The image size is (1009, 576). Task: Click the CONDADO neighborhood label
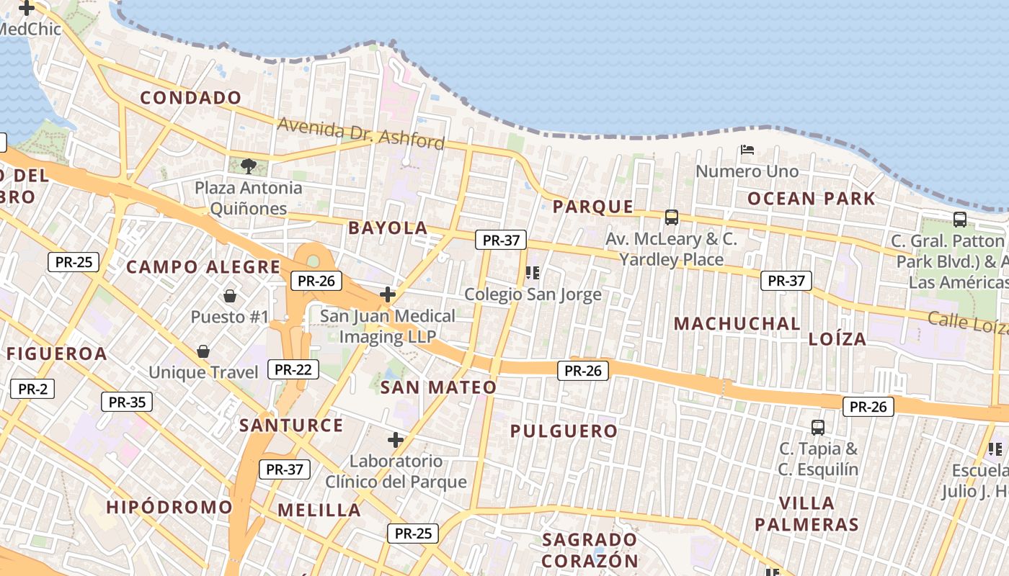[x=191, y=98]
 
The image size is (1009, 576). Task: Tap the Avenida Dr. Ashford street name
[x=361, y=133]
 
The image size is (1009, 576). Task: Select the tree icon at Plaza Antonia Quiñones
[x=248, y=166]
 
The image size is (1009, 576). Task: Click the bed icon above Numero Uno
[x=747, y=150]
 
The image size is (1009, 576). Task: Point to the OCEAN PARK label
[x=811, y=199]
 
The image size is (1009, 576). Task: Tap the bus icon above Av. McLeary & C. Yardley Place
[x=672, y=217]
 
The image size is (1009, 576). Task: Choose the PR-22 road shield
[x=293, y=369]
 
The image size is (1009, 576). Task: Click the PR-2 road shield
[x=32, y=389]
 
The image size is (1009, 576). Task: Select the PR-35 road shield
[x=127, y=402]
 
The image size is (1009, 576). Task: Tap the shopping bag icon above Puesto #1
[x=230, y=295]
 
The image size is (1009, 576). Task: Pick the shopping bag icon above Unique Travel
[x=203, y=351]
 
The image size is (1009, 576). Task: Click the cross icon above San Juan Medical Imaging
[x=388, y=294]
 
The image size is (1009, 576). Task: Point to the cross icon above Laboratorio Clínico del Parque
[x=396, y=439]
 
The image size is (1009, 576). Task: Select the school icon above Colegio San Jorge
[x=533, y=272]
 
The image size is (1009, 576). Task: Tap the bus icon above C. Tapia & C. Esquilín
[x=818, y=427]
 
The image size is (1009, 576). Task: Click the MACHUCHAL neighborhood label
[x=737, y=324]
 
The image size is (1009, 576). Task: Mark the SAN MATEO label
[x=438, y=387]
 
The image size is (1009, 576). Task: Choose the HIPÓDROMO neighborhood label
[x=169, y=507]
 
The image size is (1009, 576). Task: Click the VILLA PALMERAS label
[x=806, y=513]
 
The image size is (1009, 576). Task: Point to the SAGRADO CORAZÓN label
[x=590, y=550]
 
